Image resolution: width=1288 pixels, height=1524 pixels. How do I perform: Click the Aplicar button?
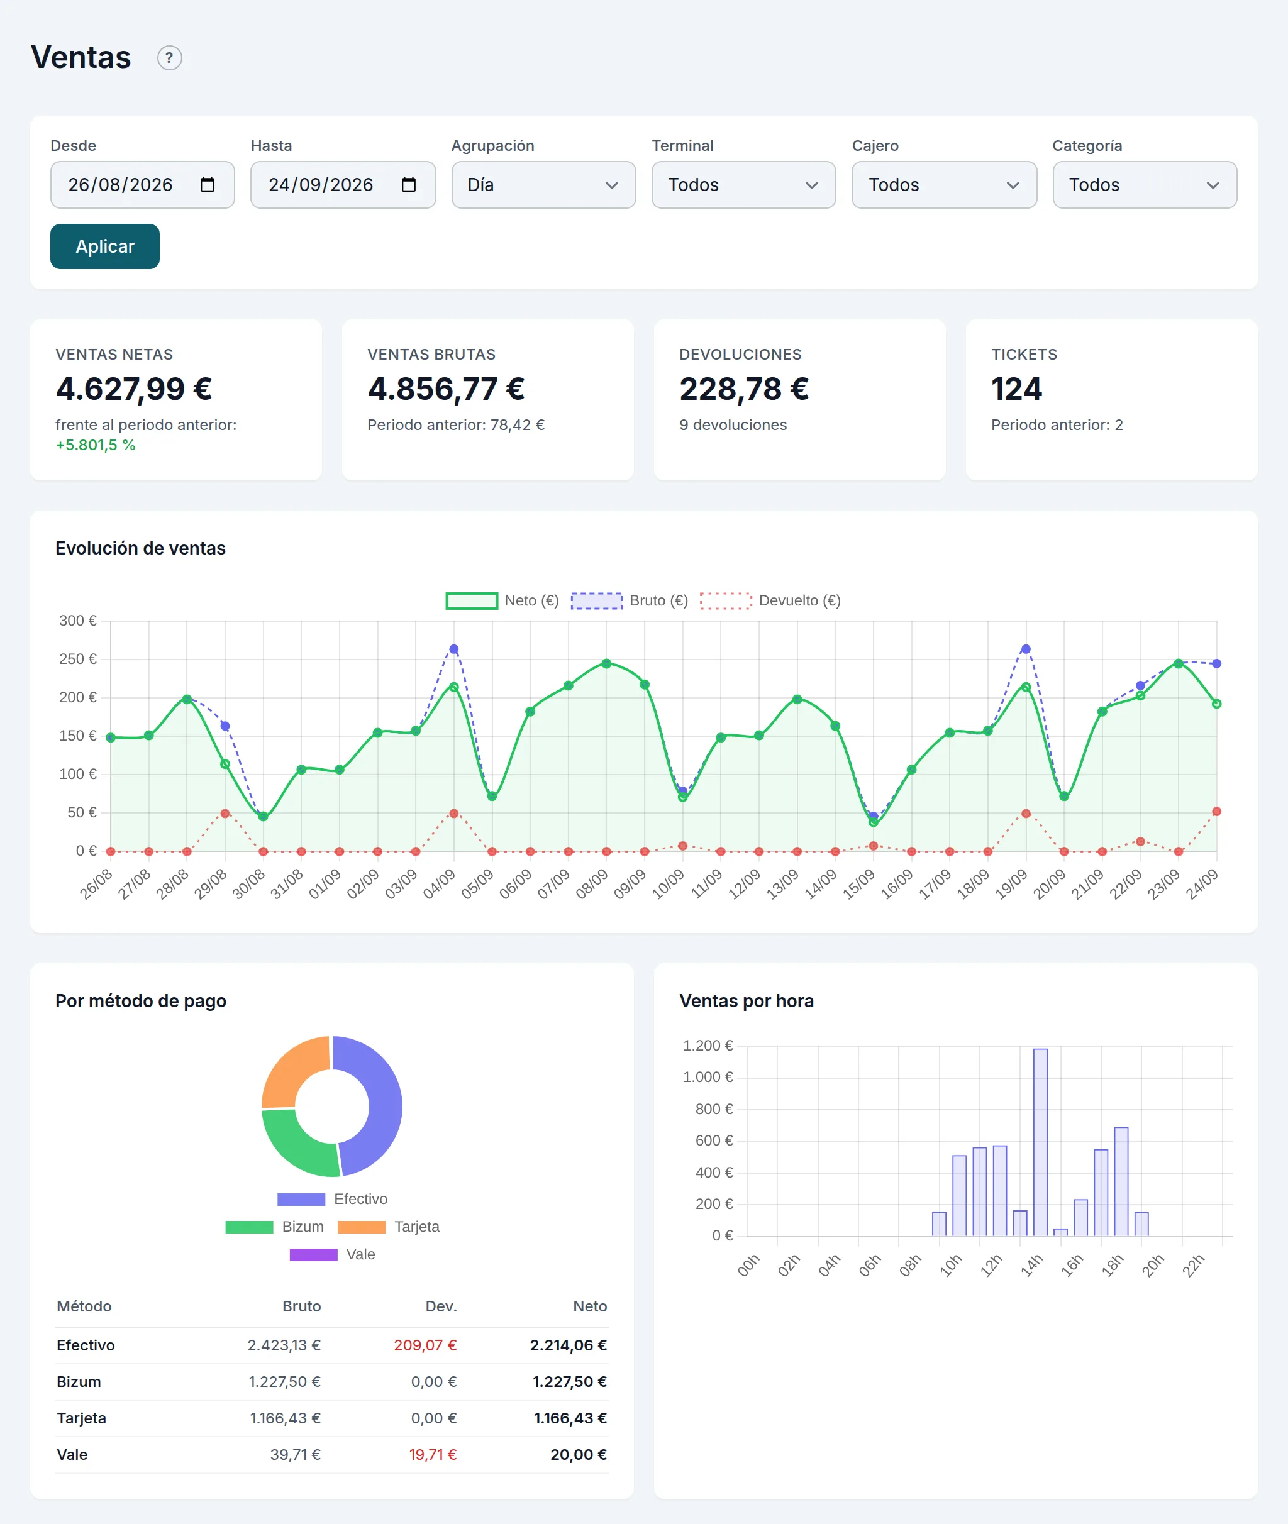104,246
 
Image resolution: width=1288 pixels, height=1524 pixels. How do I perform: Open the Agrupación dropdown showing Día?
543,185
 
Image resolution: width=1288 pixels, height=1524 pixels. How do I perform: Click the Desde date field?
142,185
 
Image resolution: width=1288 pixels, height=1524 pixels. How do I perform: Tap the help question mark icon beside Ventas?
169,58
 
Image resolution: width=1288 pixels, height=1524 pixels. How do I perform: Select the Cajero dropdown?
944,185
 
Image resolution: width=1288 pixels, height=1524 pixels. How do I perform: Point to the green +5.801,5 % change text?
96,445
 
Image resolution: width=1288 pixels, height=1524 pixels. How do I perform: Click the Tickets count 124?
1016,389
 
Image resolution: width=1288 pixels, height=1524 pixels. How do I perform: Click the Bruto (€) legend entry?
630,600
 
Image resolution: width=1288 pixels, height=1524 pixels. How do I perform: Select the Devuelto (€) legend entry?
770,600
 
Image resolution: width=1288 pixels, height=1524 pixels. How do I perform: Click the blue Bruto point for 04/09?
454,649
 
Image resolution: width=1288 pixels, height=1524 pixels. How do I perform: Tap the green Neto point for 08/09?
607,663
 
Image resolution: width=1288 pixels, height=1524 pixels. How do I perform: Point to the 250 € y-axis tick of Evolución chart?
77,659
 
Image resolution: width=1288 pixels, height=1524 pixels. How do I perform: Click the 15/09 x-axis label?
858,884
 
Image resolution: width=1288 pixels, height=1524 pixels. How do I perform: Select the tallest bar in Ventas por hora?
1040,1142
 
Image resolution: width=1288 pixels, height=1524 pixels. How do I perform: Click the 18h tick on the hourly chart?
1112,1266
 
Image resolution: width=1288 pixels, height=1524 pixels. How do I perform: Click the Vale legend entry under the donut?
332,1254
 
